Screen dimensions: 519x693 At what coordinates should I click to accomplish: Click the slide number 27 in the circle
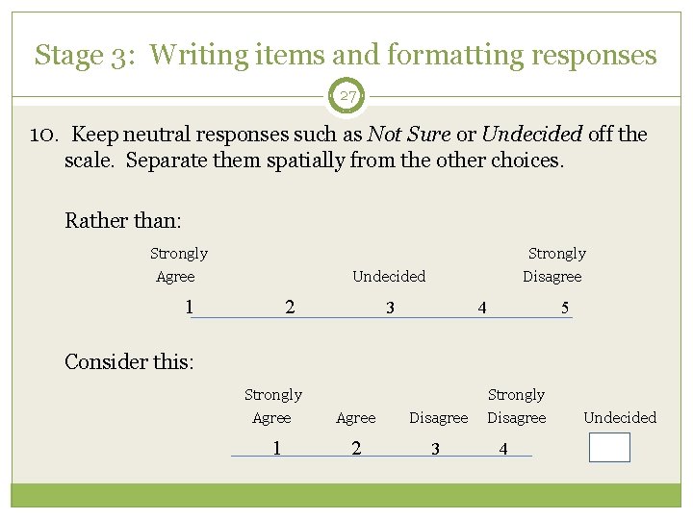point(346,96)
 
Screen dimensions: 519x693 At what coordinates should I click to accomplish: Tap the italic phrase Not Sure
point(418,135)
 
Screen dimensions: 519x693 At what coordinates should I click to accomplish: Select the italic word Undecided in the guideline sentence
point(531,135)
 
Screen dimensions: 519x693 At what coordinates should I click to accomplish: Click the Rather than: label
point(122,220)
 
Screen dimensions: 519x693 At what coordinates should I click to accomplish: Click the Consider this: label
point(129,361)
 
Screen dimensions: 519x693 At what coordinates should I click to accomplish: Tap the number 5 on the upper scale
point(565,309)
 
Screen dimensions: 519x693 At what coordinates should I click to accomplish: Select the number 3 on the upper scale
point(389,309)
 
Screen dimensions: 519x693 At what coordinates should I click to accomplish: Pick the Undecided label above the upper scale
point(389,277)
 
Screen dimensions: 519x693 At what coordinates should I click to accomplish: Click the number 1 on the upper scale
point(190,308)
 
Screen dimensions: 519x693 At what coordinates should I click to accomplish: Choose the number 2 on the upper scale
point(290,308)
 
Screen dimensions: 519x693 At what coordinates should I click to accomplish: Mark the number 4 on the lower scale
point(502,449)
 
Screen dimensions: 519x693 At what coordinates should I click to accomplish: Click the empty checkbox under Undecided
point(609,448)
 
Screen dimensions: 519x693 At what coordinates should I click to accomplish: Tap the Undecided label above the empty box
point(620,418)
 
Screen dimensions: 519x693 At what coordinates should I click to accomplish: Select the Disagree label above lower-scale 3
point(438,418)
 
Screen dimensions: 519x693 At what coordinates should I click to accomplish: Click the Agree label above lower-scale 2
point(355,418)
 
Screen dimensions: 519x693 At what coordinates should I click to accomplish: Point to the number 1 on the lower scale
point(276,448)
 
